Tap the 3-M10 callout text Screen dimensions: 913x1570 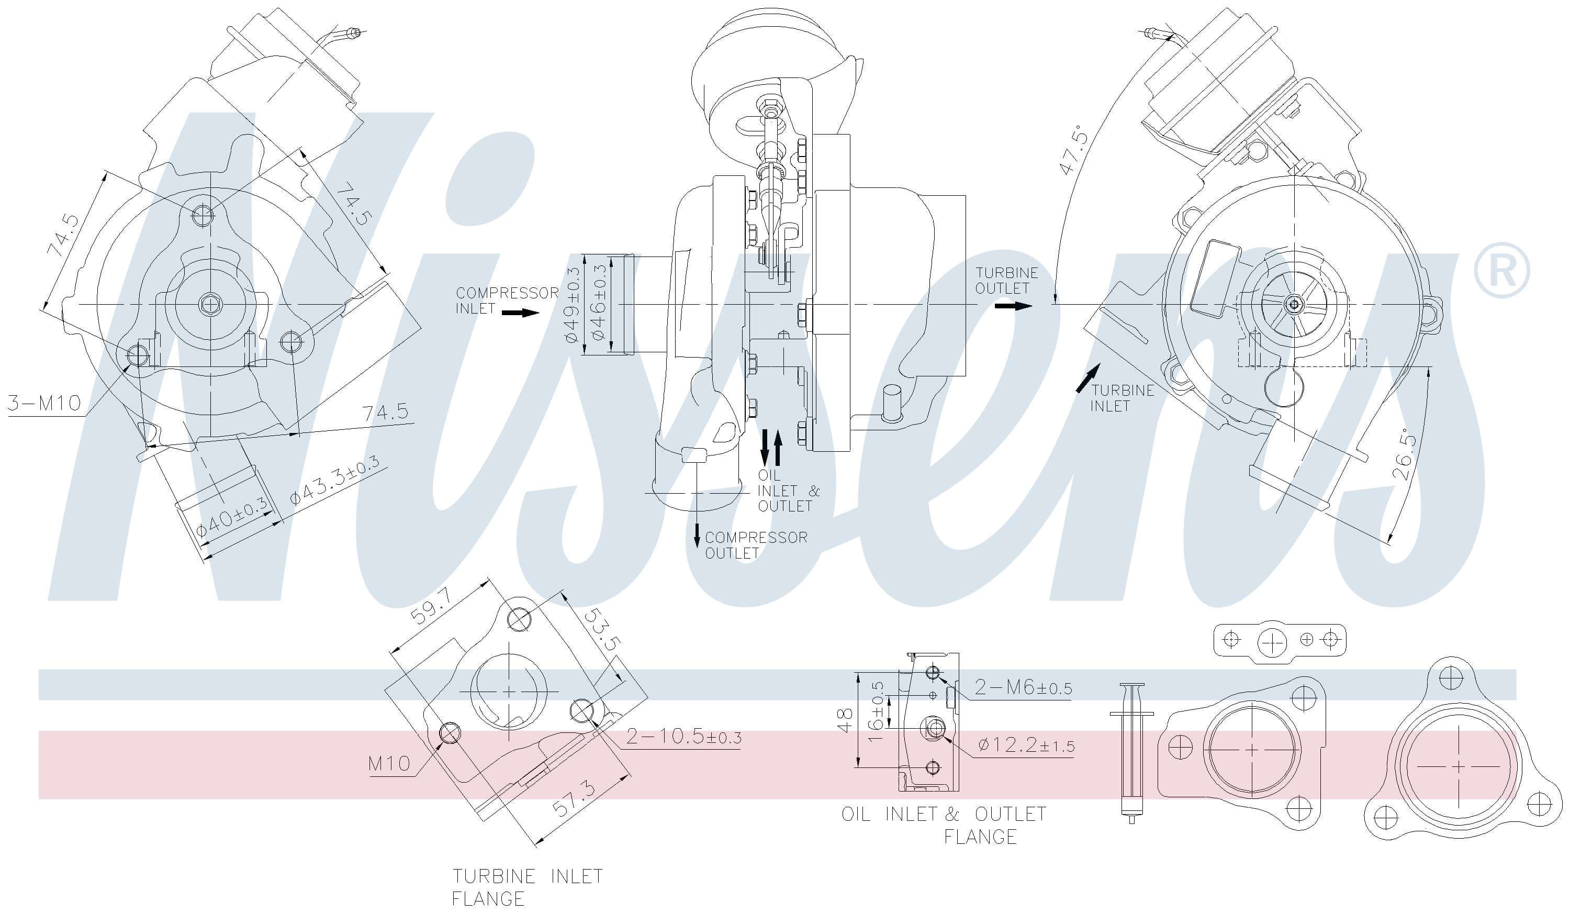pos(45,403)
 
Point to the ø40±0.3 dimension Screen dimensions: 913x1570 pos(232,517)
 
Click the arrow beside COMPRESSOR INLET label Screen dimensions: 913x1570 pos(521,312)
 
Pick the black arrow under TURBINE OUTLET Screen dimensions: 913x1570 pos(1013,306)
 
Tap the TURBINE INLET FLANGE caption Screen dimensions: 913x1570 pos(526,887)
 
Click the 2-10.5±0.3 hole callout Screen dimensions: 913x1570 pos(683,737)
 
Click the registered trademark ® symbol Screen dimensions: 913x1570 pos(1501,270)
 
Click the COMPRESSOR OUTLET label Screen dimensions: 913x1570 pos(755,544)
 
